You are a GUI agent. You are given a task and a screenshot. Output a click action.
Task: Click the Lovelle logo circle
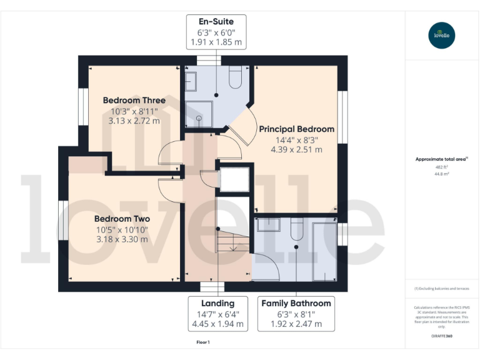[x=442, y=34]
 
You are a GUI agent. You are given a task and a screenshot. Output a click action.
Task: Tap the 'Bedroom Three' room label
[x=134, y=100]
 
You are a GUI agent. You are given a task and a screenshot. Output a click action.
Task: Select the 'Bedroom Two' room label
[x=122, y=219]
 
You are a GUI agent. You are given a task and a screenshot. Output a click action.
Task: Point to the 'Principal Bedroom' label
[x=296, y=129]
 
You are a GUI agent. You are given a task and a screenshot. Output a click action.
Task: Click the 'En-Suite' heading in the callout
[x=216, y=22]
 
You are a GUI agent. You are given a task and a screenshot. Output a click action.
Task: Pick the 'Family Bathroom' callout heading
[x=296, y=303]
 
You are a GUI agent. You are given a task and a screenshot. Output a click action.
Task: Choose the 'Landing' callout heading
[x=217, y=303]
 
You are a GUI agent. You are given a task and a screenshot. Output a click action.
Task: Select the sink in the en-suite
[x=190, y=79]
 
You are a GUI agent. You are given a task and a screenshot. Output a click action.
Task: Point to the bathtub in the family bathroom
[x=324, y=250]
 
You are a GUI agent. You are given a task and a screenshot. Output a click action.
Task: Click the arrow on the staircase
[x=232, y=247]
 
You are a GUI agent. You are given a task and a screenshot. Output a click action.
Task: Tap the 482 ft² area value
[x=442, y=167]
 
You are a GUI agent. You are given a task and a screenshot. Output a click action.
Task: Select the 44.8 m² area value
[x=442, y=174]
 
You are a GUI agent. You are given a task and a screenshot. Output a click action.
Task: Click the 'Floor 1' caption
[x=203, y=342]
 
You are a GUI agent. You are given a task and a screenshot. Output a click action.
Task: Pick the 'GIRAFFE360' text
[x=442, y=336]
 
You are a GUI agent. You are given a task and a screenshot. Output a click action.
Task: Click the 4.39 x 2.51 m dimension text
[x=296, y=149]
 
